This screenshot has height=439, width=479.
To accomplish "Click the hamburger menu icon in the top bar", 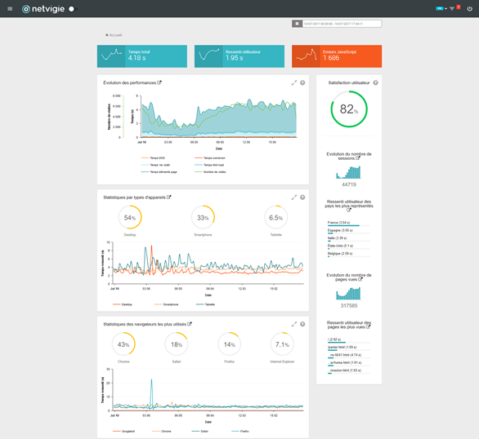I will tap(10, 9).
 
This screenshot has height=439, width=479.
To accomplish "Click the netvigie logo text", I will tap(47, 9).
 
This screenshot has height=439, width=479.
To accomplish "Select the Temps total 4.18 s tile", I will tap(141, 55).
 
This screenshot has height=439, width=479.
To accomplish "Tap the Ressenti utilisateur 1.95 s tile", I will tap(239, 55).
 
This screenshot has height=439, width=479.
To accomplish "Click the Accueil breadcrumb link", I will tap(115, 35).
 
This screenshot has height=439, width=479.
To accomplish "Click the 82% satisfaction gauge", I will tap(349, 109).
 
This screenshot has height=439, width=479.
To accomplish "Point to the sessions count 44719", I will tap(349, 184).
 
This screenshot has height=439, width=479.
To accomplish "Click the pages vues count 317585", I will tap(349, 305).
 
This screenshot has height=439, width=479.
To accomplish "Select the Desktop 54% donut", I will tap(130, 218).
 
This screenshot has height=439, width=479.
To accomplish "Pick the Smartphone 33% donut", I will tap(204, 218).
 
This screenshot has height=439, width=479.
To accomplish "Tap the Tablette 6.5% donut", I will tap(276, 218).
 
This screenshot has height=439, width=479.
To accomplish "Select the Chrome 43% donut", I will tap(123, 344).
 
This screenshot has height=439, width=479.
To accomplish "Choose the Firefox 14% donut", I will tap(231, 344).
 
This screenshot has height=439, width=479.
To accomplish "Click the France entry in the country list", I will tap(338, 222).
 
